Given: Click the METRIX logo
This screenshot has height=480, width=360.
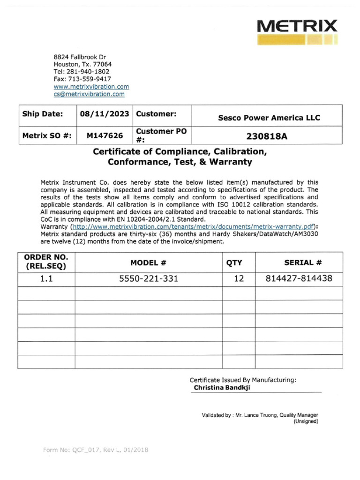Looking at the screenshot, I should coord(297,31).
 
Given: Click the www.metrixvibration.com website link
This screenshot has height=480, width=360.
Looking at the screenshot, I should coord(91,87).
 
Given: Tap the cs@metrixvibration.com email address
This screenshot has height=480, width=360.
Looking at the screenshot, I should coord(89,94).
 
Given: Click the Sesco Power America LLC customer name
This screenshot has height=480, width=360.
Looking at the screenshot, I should coord(269,118).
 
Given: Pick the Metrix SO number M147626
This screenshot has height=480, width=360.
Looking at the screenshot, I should coord(105,136).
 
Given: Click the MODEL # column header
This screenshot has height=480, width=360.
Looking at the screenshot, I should coord(149,263).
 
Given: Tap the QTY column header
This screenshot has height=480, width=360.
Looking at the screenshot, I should coord(234,263).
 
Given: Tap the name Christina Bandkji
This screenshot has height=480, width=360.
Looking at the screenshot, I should coord(225,388).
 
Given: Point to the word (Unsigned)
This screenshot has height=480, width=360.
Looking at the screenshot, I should coord(306,421).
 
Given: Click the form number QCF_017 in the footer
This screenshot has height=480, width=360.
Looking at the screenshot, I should coord(82,450).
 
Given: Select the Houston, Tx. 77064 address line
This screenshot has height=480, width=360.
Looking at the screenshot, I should coord(82,64).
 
